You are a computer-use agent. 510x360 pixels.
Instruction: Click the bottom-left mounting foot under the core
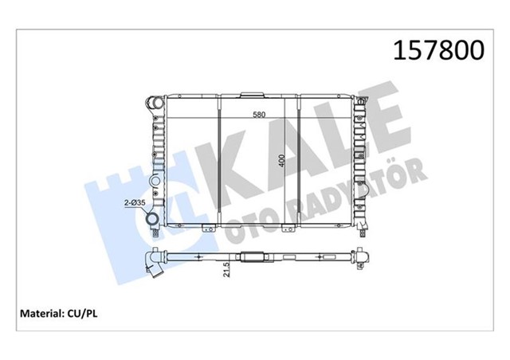(207, 231)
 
